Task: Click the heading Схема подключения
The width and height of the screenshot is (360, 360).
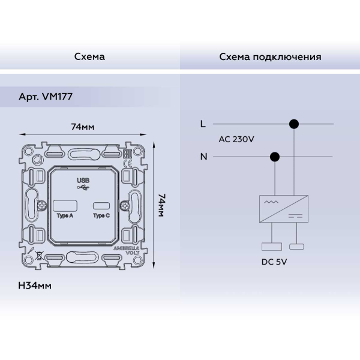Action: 270,57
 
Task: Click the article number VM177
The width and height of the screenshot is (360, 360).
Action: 58,97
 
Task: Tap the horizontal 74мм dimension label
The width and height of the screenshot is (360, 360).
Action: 83,127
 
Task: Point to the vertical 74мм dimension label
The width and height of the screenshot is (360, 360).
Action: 161,205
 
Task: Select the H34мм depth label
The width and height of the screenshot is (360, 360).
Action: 35,286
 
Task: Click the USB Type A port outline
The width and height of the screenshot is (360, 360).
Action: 65,206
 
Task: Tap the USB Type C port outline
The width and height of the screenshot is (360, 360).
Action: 101,206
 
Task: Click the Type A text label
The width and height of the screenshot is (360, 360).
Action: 65,215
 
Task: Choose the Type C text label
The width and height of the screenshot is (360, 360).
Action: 101,215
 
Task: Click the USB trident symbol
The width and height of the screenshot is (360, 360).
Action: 83,188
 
